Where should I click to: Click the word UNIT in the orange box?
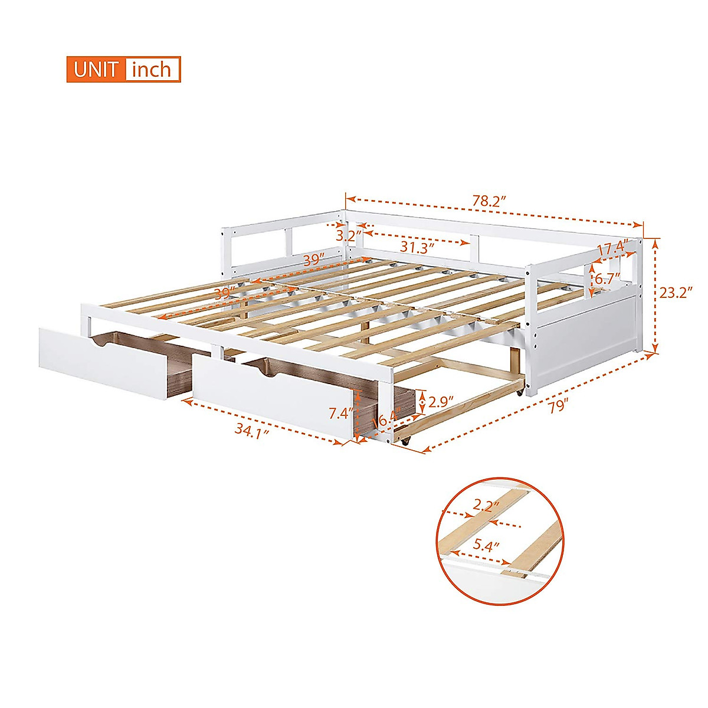[96, 70]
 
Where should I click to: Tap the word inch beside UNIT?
[152, 70]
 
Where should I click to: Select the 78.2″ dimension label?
[489, 201]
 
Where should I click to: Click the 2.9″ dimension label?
[441, 402]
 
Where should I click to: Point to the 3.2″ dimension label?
[348, 236]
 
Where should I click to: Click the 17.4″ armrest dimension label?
[611, 249]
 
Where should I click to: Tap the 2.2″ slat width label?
[485, 506]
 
